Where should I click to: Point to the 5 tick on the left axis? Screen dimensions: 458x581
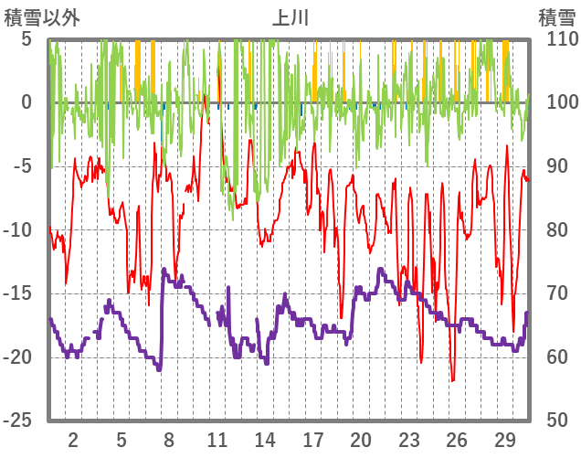pyautogui.click(x=26, y=39)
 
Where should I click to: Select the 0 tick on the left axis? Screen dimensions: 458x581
pyautogui.click(x=26, y=102)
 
